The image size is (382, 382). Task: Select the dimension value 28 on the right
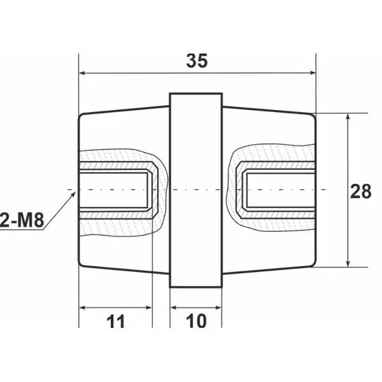click(x=361, y=190)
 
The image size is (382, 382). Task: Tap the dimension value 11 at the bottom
click(x=115, y=322)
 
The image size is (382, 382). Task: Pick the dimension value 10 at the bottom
click(x=197, y=322)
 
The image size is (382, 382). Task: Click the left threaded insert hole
click(x=115, y=190)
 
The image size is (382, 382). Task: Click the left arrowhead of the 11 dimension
click(x=82, y=308)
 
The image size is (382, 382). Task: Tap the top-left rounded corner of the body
click(x=81, y=117)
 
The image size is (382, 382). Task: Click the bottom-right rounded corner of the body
click(x=313, y=263)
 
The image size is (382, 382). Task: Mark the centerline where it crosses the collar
click(x=195, y=190)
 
